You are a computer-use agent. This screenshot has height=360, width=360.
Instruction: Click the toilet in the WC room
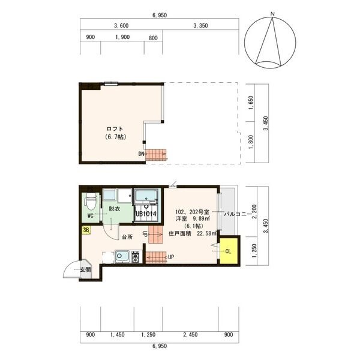[x=91, y=202]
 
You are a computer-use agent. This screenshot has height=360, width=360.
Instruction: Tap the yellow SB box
[x=86, y=230]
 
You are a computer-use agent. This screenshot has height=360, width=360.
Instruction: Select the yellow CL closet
[x=229, y=251]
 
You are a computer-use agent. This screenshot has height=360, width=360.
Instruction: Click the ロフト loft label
[x=115, y=129]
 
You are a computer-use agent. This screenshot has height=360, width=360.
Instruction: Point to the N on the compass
[x=272, y=14]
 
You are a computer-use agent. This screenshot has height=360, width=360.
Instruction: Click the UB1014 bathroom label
[x=146, y=214]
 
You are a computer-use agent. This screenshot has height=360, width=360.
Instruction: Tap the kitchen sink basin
[x=122, y=256]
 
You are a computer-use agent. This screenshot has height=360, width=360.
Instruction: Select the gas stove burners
[x=135, y=257]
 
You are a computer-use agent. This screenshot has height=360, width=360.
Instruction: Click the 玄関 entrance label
[x=85, y=269]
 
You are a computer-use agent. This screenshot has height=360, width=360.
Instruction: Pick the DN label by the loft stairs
[x=141, y=154]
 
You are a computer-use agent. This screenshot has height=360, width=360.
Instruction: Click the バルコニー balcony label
[x=238, y=214]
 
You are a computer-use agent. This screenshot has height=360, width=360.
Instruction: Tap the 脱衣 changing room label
[x=115, y=209]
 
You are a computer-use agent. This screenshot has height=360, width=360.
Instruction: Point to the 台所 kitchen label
[x=127, y=237]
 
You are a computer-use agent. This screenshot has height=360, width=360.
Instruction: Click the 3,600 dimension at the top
[x=121, y=26]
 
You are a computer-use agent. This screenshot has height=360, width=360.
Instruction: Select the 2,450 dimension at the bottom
[x=190, y=335]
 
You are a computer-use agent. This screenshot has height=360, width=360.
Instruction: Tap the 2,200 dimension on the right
[x=254, y=211]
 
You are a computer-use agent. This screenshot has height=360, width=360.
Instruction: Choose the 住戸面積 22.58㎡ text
[x=193, y=234]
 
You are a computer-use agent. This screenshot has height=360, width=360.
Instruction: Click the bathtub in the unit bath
[x=146, y=196]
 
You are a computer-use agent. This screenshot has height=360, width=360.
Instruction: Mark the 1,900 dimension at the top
[x=122, y=37]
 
